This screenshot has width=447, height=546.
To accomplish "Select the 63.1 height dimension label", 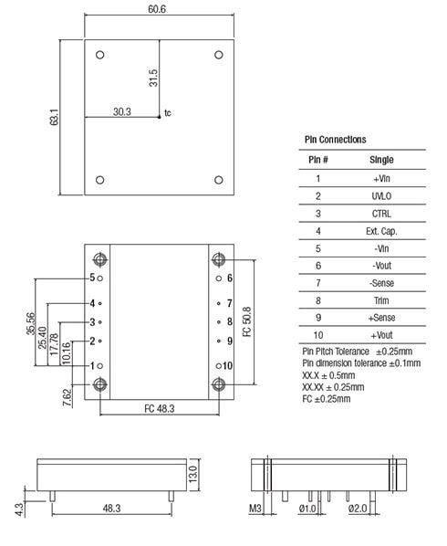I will click(x=54, y=118).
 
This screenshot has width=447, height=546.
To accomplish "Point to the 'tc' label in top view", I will click(x=168, y=114).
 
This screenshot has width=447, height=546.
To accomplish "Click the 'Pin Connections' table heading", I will click(x=335, y=139).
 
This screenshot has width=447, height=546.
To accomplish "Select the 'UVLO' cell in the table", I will click(x=381, y=196).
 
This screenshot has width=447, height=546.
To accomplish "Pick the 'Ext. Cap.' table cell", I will click(x=381, y=231).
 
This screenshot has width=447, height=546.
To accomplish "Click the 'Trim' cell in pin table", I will click(x=381, y=300).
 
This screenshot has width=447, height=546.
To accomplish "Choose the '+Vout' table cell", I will click(x=381, y=335).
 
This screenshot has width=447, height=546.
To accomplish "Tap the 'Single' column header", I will click(x=381, y=160).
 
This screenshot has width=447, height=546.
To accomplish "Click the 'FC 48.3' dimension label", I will click(x=160, y=408).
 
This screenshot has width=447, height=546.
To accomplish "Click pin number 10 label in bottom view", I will click(x=228, y=365).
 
